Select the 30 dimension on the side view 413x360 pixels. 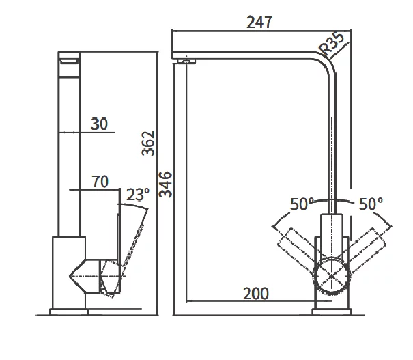coord(99,123)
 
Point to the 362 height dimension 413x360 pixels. coord(149,143)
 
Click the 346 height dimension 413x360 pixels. coord(165,184)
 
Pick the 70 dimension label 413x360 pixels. coord(100,182)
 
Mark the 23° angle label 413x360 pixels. coord(137,195)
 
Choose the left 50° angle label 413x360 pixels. coord(302,204)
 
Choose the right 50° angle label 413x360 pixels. coord(371,204)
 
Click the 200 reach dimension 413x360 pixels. coord(255,294)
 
